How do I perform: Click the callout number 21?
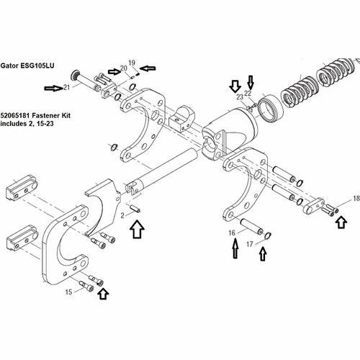tap(66, 87)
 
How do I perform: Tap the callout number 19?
tap(132, 63)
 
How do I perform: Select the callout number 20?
tap(124, 68)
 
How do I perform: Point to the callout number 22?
tap(248, 93)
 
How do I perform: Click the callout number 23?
tap(240, 97)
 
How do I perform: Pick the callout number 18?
tap(356, 198)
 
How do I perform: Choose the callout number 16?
tap(232, 233)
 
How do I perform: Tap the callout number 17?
tap(250, 244)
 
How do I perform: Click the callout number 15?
tap(68, 292)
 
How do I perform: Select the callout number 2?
tap(122, 215)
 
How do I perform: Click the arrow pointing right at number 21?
tap(53, 89)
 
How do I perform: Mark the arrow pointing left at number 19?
tap(148, 68)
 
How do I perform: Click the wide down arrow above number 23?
tap(235, 86)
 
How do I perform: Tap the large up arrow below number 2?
tap(137, 229)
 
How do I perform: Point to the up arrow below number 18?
tap(341, 222)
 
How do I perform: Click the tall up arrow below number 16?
tap(236, 248)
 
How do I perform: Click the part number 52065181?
tap(15, 115)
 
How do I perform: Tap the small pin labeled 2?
tap(135, 208)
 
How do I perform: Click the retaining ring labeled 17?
tap(268, 235)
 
